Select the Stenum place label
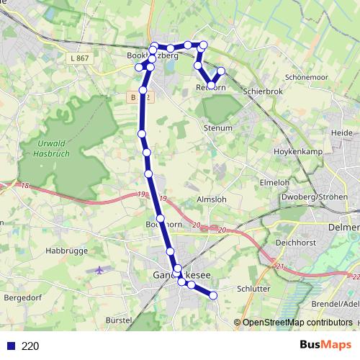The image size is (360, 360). coord(219,128)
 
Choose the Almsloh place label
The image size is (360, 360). coord(212,199)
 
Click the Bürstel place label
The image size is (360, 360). coord(119,319)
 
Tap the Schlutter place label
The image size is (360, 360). coord(252,289)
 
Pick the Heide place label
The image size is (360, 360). coord(341,133)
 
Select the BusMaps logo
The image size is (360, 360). coord(325,346)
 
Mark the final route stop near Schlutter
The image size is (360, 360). coord(213,294)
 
